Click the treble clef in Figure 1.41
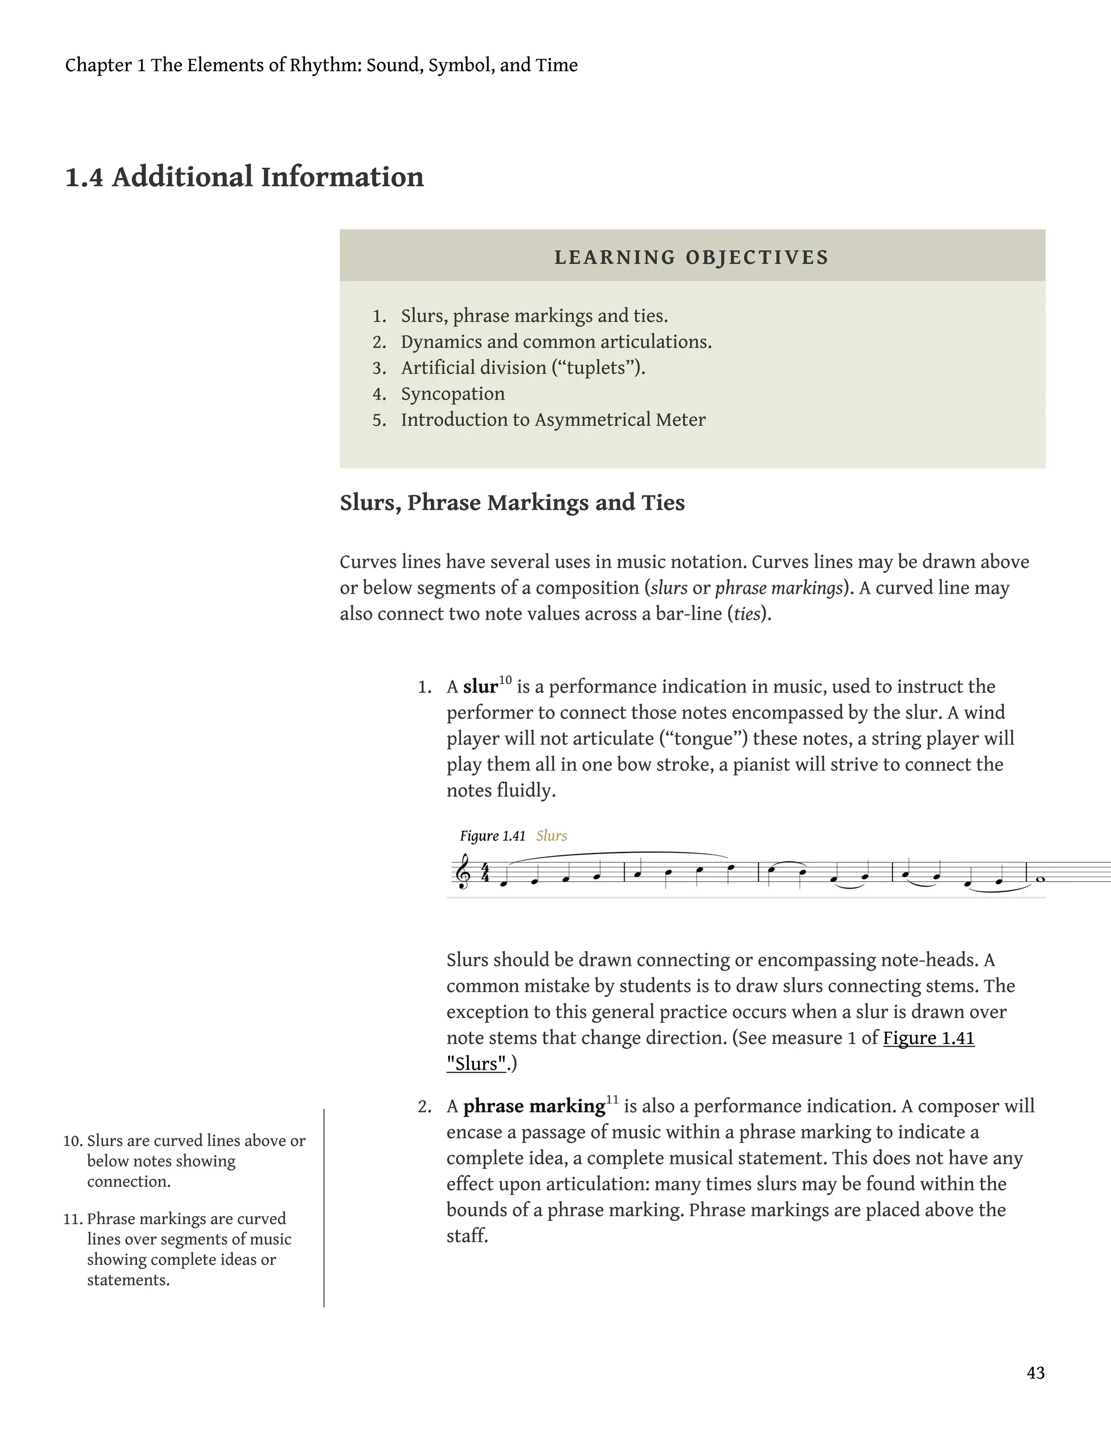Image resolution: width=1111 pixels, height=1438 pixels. coord(463,873)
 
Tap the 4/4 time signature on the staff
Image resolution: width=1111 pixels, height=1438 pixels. coord(485,873)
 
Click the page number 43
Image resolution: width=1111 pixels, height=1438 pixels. coord(1035,1373)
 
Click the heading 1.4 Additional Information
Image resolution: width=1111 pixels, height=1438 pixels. coord(244,177)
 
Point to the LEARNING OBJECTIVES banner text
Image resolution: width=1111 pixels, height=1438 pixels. coord(692,257)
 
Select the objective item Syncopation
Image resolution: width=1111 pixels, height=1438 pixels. coord(453,394)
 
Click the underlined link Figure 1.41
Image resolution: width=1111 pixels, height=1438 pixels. coord(928,1038)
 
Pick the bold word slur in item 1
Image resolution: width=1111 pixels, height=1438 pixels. coord(480,687)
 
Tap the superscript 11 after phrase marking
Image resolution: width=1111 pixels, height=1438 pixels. coord(612,1099)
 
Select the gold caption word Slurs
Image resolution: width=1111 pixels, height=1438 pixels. coord(551,836)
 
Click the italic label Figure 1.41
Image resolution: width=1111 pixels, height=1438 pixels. coord(493,836)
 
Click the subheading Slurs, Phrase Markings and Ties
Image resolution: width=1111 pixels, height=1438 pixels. coord(512,502)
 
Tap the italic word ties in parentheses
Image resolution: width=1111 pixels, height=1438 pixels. coord(747,614)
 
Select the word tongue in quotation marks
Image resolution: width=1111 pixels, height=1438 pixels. coord(704,738)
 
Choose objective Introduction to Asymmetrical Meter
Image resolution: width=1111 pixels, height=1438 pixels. coord(553,419)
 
